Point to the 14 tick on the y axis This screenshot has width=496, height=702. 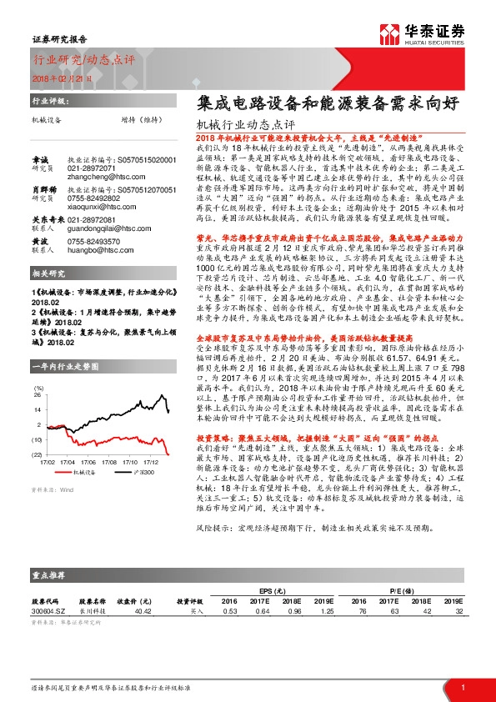tap(38, 410)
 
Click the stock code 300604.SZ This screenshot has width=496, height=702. tap(48, 610)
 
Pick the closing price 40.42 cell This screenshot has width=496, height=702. tap(142, 610)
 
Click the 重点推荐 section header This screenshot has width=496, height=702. tap(49, 575)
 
